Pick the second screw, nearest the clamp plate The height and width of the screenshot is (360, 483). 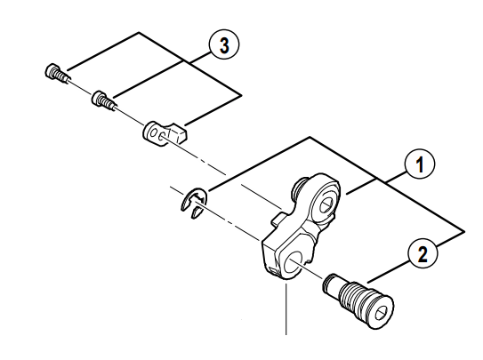(x=102, y=98)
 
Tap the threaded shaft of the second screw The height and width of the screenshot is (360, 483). (x=109, y=102)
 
